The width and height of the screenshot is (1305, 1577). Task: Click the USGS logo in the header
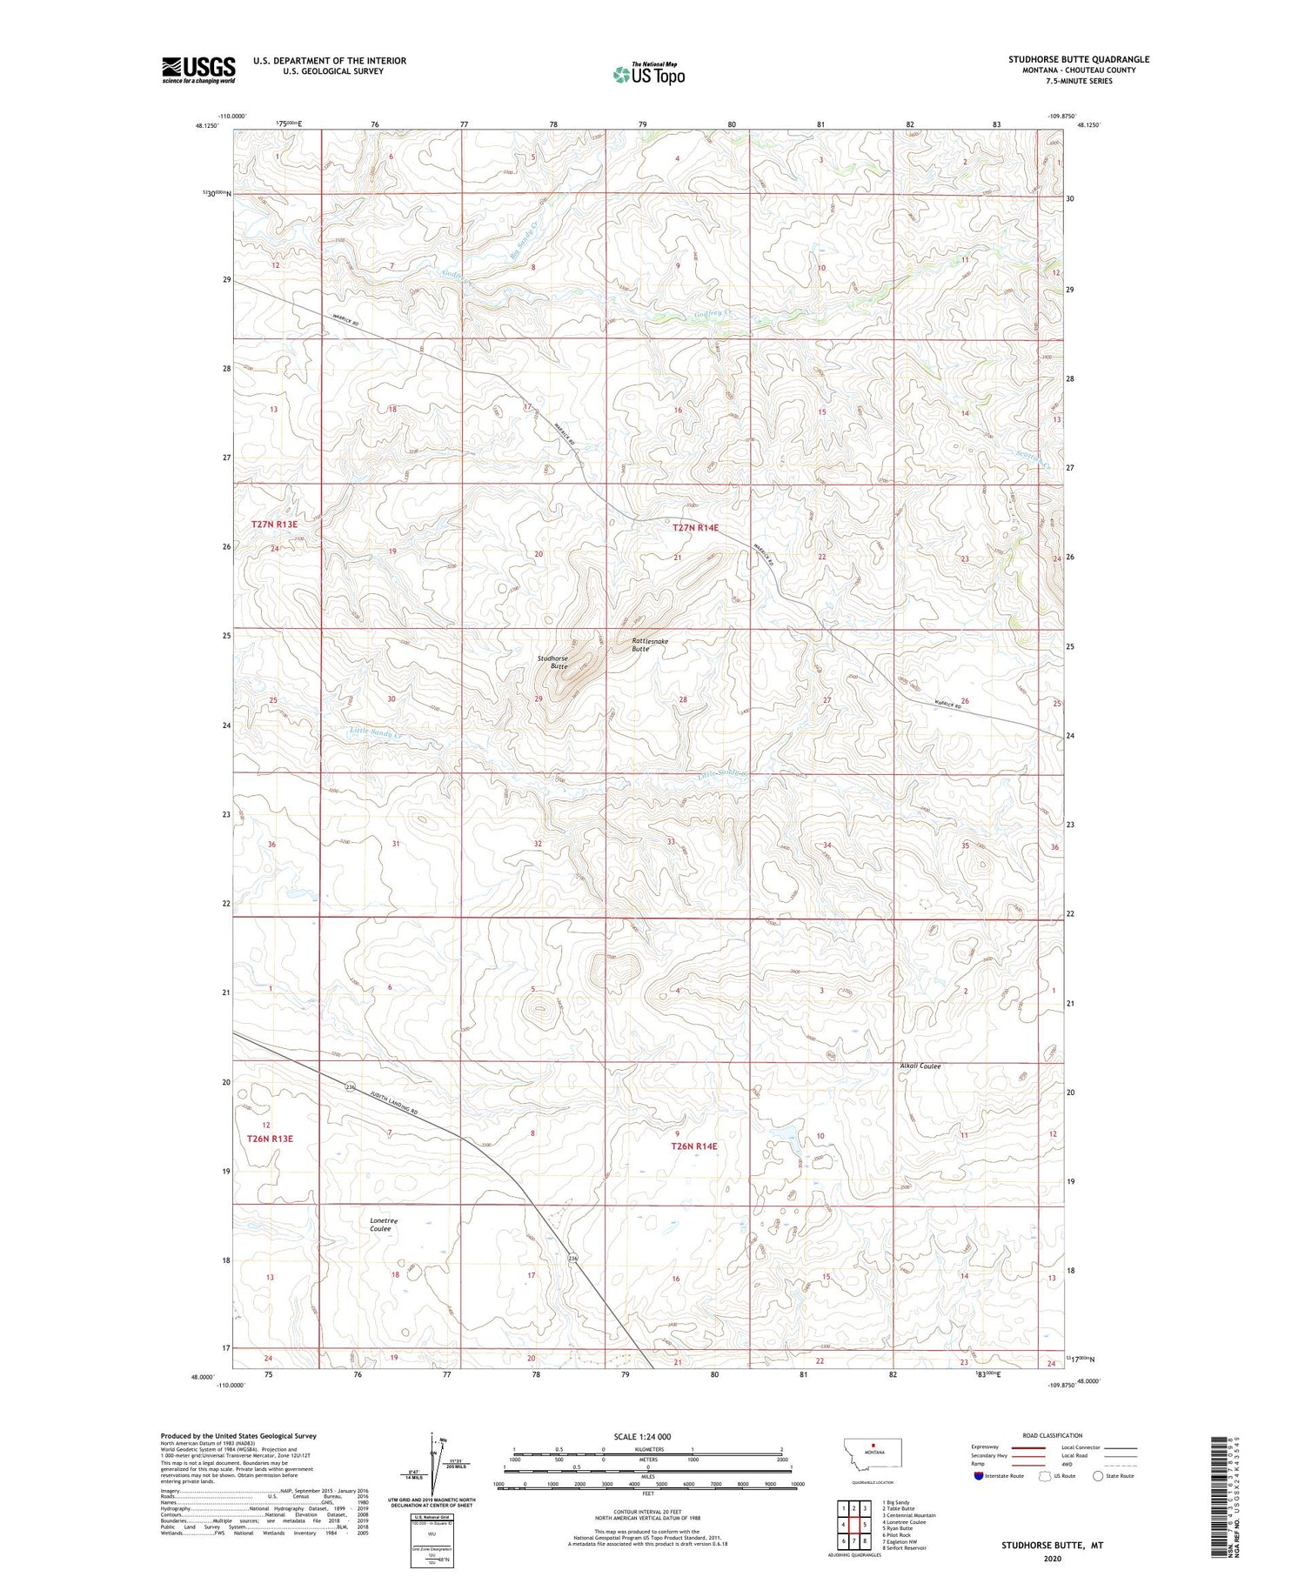click(x=198, y=70)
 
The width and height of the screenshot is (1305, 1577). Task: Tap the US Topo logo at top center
click(x=648, y=74)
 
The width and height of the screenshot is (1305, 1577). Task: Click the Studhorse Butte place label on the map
click(x=552, y=663)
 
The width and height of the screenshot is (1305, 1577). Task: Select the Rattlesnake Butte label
click(x=650, y=645)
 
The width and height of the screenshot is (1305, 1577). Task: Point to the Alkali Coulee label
click(x=920, y=1066)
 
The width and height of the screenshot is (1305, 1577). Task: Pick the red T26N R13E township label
click(x=271, y=1139)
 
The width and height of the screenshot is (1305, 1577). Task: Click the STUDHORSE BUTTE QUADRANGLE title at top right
click(x=1078, y=59)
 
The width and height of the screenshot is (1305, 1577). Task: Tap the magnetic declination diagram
click(x=432, y=1461)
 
